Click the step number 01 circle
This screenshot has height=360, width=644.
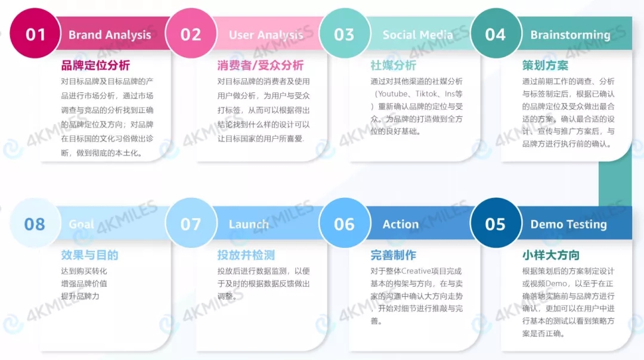(35, 34)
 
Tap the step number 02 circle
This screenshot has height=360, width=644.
(190, 34)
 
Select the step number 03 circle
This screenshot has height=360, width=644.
(344, 34)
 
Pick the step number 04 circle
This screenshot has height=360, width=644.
(495, 34)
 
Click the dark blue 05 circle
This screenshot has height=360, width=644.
(495, 224)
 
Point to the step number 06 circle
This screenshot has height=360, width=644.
(344, 224)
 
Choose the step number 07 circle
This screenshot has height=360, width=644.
(190, 224)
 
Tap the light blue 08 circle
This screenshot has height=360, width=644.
(35, 224)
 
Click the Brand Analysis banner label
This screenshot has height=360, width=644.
(110, 35)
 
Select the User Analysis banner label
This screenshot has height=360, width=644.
(266, 35)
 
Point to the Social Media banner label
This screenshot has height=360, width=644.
(417, 35)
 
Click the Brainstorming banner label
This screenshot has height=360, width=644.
(570, 35)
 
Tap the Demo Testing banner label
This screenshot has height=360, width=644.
(568, 225)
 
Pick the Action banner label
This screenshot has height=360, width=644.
(400, 225)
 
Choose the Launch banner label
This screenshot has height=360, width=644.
(249, 225)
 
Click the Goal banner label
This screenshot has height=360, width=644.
(82, 225)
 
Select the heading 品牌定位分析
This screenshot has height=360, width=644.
(95, 65)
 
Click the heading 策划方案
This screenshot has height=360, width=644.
(545, 65)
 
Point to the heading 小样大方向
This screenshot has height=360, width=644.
(550, 255)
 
